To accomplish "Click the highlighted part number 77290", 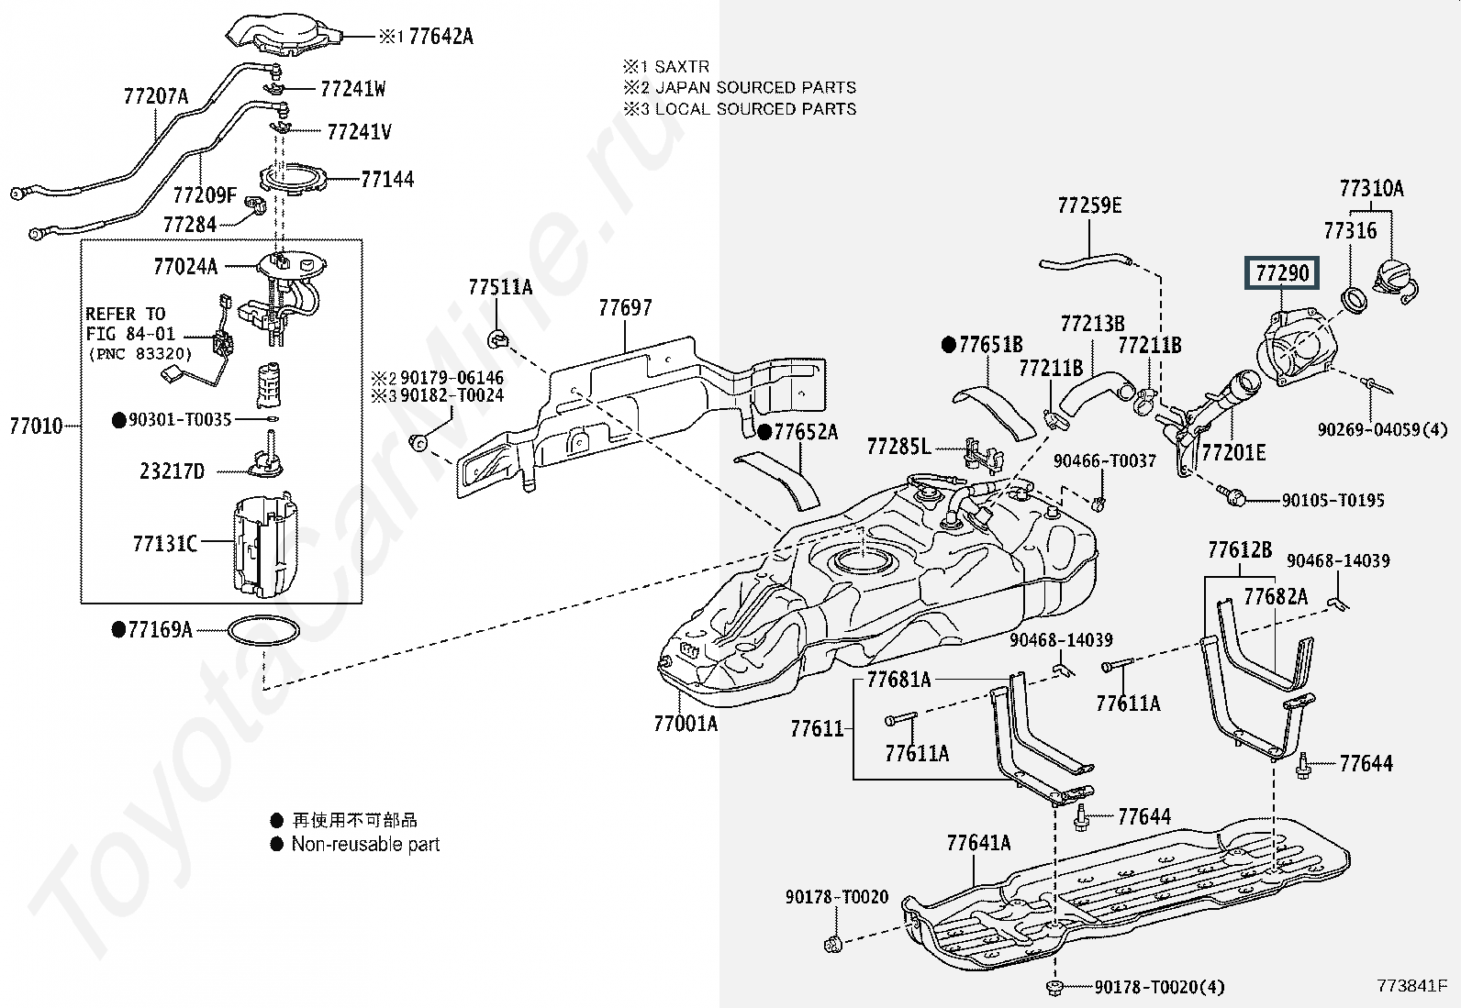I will (1282, 273).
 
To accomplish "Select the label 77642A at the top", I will (441, 37).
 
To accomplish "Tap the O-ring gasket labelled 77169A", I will (263, 631).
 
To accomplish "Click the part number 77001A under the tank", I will (685, 724).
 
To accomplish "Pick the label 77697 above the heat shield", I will (625, 308).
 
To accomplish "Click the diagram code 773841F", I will (1411, 987).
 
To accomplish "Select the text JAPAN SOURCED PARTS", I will (755, 88).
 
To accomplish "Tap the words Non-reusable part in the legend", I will (365, 845).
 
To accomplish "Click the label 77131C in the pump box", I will (165, 544).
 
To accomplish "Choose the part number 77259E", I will (1089, 205).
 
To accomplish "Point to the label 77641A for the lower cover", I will (978, 843).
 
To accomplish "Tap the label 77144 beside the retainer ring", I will (387, 179).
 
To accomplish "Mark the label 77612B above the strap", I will (1240, 550).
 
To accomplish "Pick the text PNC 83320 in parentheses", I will (140, 354).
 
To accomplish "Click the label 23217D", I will (172, 471).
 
